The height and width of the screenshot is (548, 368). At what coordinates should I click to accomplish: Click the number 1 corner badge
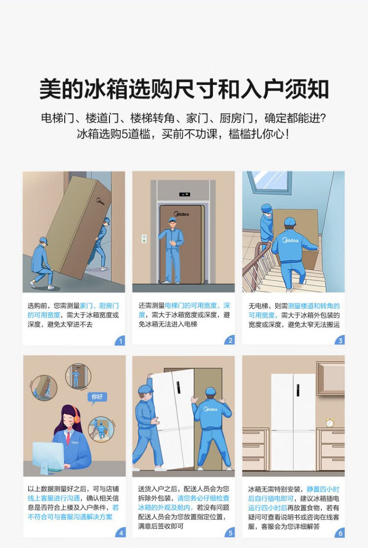coord(120,341)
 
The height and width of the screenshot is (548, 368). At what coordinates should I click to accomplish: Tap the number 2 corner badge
coord(230,340)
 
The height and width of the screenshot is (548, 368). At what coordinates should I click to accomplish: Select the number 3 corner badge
coord(340,340)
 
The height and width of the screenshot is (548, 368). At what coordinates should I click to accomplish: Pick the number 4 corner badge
coord(121,533)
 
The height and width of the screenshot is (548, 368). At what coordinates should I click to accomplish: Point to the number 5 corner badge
coord(230,533)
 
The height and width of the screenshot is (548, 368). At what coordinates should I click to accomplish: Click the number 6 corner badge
coord(340,533)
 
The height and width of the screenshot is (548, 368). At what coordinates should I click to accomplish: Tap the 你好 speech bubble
coord(97,398)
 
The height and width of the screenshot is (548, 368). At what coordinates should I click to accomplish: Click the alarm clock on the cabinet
coord(330,422)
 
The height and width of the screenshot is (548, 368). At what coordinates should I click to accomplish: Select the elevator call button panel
coord(143,239)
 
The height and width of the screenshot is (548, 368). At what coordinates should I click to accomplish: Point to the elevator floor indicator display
coord(184,194)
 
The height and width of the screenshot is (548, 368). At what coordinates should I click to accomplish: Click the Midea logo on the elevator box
coord(181,213)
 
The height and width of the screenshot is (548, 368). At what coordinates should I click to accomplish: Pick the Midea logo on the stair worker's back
coord(290,241)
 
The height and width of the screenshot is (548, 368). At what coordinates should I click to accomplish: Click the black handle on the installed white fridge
coord(298,390)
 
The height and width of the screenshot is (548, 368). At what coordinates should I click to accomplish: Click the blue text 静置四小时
coord(323,489)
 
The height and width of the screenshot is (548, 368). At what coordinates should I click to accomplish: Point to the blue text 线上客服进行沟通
coord(54,498)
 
